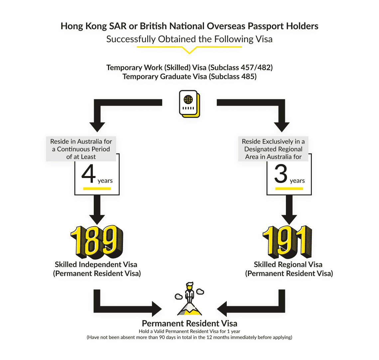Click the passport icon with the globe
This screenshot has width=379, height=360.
click(189, 104)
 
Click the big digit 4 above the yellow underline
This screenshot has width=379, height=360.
click(88, 174)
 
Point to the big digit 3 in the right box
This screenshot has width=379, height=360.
click(281, 174)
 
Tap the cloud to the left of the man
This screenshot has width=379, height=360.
click(179, 296)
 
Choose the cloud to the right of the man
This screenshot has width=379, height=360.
click(200, 292)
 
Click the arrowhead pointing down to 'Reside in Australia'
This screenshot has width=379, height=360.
click(97, 127)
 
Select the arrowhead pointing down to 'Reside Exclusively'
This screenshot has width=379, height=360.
click(282, 127)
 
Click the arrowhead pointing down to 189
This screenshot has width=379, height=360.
click(97, 220)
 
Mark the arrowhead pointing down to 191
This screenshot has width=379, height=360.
click(289, 220)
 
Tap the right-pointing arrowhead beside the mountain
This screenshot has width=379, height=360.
click(157, 309)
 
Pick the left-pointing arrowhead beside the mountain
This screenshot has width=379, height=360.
click(222, 309)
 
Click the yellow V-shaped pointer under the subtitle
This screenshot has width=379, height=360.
click(189, 49)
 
